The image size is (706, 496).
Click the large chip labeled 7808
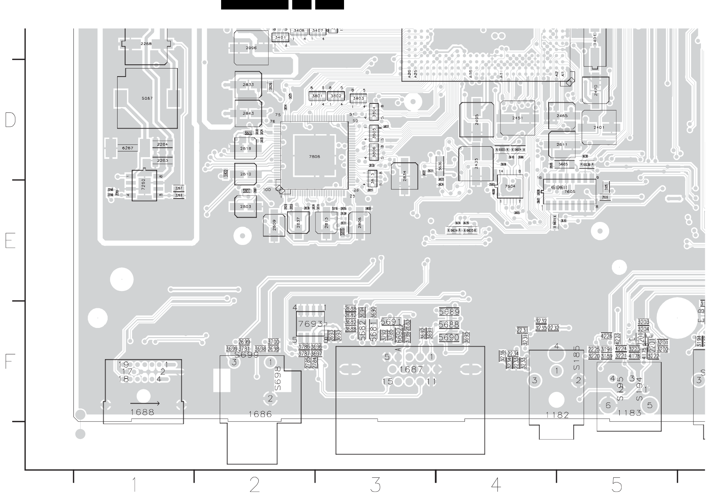point(314,157)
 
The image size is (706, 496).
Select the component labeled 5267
point(147,98)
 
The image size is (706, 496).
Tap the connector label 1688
point(142,412)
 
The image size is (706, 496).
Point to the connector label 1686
point(260,414)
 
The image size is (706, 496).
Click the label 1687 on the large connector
point(411,369)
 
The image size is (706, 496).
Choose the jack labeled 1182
point(557,415)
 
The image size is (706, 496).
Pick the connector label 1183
point(629,413)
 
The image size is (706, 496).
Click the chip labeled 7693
point(311,324)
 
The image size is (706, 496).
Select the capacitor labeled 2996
point(251,48)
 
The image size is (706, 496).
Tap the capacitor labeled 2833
point(248,85)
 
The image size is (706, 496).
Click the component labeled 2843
point(248,113)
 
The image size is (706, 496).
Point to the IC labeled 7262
point(144,185)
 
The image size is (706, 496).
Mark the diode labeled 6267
point(128,148)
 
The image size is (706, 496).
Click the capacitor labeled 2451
point(517,118)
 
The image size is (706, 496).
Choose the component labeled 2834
point(404,176)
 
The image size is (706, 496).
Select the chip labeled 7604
point(510,186)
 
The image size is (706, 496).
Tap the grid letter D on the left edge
point(10,120)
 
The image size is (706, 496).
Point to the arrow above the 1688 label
point(145,403)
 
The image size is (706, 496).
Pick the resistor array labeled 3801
point(317,96)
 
